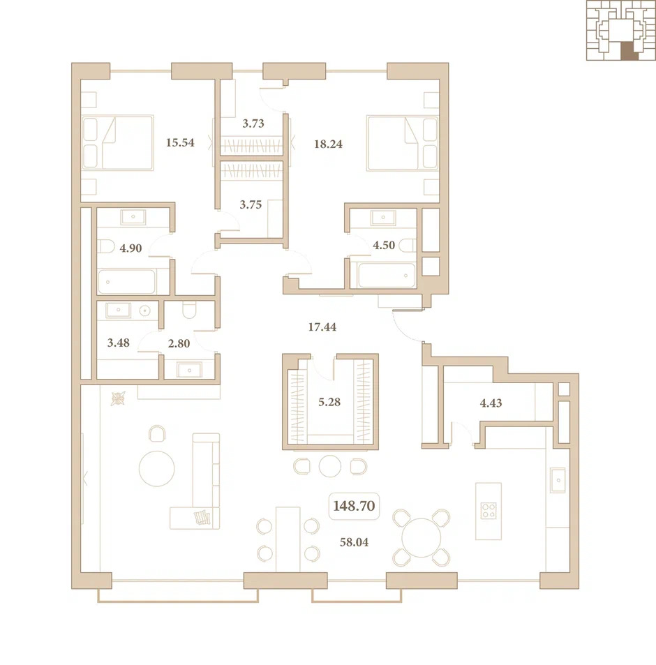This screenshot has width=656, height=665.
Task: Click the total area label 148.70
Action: click(354, 506)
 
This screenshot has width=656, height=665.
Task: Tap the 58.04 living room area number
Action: click(354, 542)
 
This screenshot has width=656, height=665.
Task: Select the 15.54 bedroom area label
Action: click(180, 142)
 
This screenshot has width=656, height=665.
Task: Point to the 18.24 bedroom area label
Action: click(328, 144)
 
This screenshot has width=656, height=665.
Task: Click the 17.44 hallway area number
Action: click(322, 327)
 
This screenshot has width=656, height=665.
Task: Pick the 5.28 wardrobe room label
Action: click(329, 402)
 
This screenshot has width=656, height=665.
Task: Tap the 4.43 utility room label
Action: click(491, 403)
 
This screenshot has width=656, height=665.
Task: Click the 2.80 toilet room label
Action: click(179, 343)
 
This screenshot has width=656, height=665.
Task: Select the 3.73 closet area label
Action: click(253, 124)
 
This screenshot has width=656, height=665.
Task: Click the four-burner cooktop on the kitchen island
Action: click(489, 511)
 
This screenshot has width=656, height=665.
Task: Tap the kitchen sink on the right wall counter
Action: click(558, 481)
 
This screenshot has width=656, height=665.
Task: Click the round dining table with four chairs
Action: click(421, 538)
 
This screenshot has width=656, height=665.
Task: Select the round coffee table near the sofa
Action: click(157, 469)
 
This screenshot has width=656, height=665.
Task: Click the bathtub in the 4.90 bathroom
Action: click(127, 282)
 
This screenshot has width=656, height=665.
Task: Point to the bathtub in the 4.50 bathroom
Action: click(387, 275)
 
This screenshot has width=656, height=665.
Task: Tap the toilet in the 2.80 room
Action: click(189, 310)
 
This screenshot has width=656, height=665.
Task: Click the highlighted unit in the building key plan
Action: click(629, 51)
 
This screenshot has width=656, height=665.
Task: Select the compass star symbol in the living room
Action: click(119, 398)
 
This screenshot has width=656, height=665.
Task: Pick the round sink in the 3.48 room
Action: click(145, 311)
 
